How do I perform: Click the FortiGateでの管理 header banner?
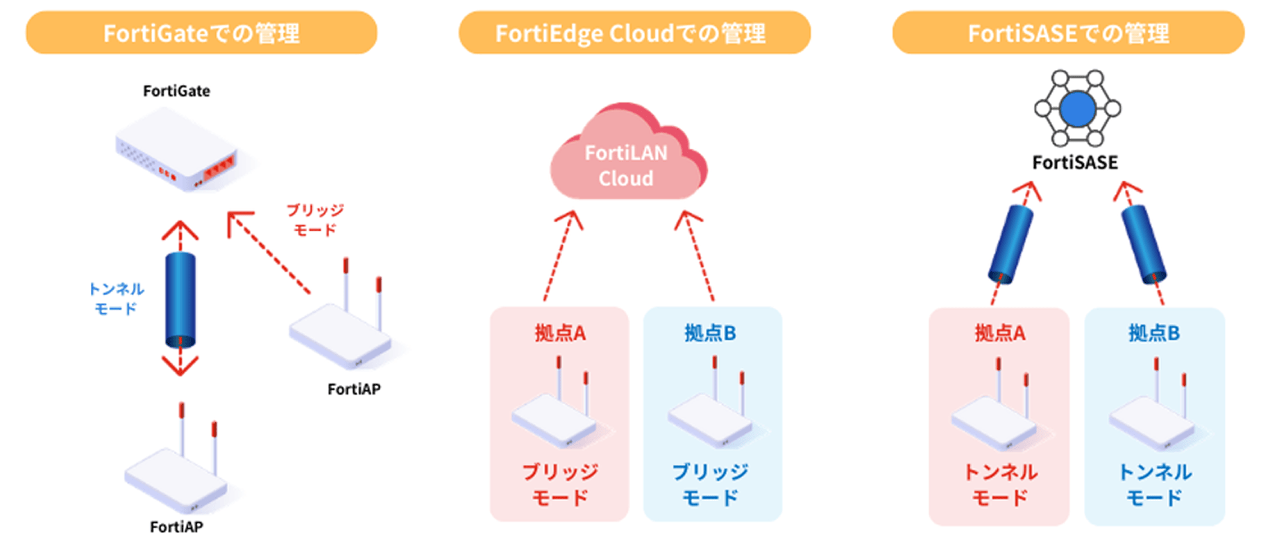click(201, 33)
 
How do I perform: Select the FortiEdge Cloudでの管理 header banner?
click(634, 33)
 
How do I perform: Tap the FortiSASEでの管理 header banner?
click(1068, 33)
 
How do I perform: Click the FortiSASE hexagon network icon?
click(1077, 108)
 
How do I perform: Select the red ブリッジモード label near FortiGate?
click(315, 220)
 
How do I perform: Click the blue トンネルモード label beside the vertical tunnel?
click(116, 299)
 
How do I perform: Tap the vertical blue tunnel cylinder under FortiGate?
click(180, 300)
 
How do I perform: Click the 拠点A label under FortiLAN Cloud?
click(560, 333)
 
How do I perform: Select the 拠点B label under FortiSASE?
click(1154, 333)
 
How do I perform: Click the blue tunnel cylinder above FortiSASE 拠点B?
click(1144, 244)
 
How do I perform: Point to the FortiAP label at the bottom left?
click(176, 527)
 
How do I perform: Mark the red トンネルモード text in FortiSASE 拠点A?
click(1000, 485)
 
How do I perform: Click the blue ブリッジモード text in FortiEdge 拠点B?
click(711, 485)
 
